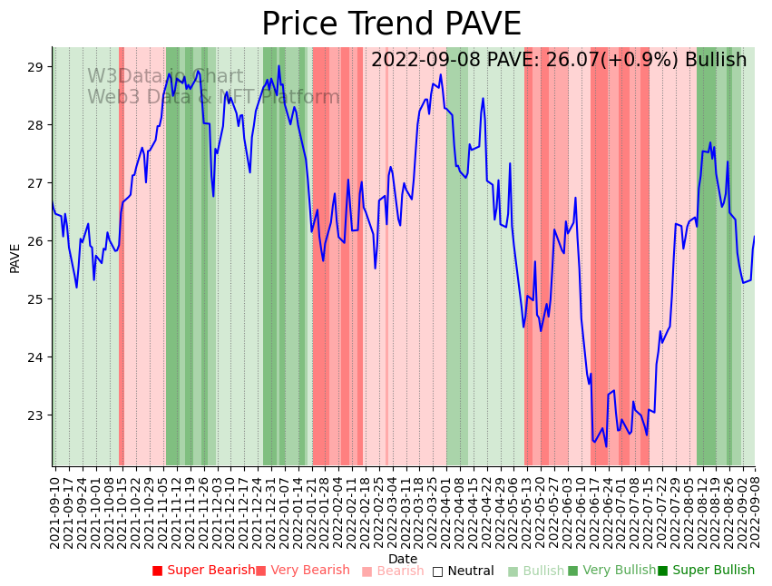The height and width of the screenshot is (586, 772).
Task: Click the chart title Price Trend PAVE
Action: tap(391, 24)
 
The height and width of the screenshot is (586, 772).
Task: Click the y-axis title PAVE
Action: tap(15, 258)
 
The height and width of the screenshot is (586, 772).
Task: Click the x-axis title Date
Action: tap(403, 559)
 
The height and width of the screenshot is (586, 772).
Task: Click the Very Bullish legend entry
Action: tap(611, 571)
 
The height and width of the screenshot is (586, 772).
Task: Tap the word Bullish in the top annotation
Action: tap(716, 60)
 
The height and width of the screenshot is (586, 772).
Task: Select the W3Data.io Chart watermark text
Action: tap(165, 76)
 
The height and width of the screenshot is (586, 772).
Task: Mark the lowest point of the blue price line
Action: tap(607, 445)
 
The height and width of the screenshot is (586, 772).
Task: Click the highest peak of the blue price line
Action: tap(279, 66)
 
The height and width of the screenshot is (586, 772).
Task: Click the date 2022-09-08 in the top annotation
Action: tap(425, 60)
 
